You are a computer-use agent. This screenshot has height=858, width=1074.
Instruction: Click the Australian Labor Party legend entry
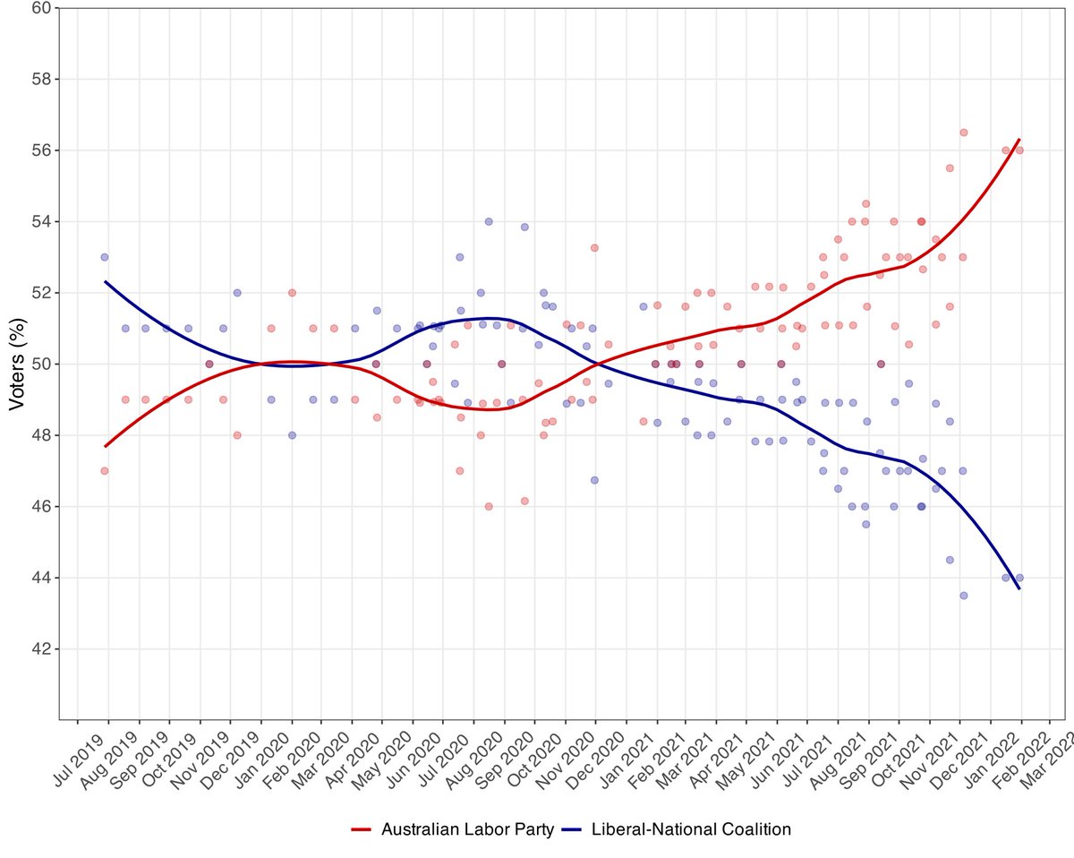pyautogui.click(x=453, y=829)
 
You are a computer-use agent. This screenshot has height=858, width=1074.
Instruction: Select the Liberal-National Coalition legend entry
pyautogui.click(x=677, y=829)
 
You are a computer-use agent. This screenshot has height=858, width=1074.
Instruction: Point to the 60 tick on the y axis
pyautogui.click(x=42, y=8)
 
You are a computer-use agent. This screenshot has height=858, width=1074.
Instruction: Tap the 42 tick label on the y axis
pyautogui.click(x=42, y=648)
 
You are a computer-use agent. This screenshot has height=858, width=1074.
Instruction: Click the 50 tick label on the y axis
pyautogui.click(x=42, y=365)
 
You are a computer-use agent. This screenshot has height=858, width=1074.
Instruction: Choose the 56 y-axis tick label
pyautogui.click(x=42, y=150)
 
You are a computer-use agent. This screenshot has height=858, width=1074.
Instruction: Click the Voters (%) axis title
pyautogui.click(x=17, y=365)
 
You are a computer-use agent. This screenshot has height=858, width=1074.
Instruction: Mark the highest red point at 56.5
pyautogui.click(x=964, y=133)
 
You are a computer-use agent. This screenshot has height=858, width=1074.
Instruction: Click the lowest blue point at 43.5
pyautogui.click(x=964, y=596)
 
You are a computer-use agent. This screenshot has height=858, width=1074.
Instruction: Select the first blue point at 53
pyautogui.click(x=105, y=257)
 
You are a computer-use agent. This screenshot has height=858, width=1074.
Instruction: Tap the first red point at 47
pyautogui.click(x=105, y=471)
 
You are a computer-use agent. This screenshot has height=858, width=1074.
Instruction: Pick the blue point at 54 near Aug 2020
pyautogui.click(x=489, y=222)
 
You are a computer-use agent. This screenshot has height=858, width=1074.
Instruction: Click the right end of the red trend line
pyautogui.click(x=1019, y=140)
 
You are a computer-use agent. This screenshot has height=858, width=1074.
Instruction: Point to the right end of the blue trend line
pyautogui.click(x=1019, y=588)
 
